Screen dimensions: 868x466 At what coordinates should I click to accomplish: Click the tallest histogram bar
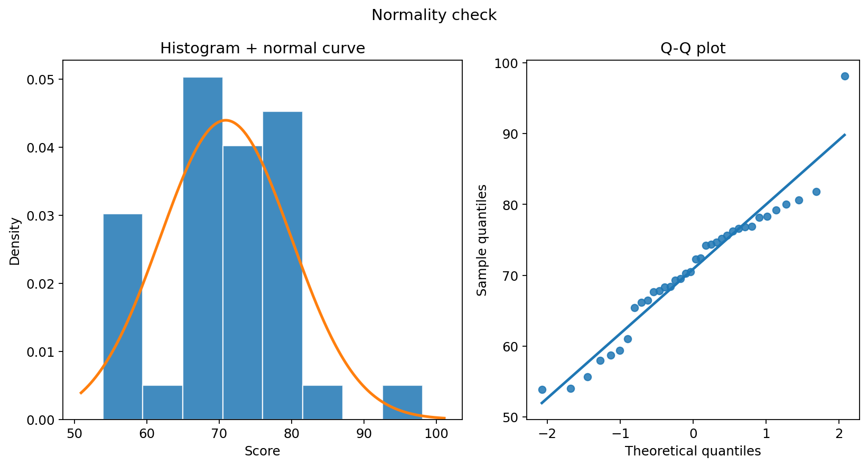pos(203,248)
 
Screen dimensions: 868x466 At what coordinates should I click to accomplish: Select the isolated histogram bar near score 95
pos(402,403)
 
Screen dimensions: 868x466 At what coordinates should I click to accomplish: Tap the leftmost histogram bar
pos(123,317)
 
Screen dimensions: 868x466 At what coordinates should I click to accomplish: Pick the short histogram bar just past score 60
pos(163,403)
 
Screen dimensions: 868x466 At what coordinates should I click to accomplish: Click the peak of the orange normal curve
pos(226,120)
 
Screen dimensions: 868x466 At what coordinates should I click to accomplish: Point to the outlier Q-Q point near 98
pos(845,76)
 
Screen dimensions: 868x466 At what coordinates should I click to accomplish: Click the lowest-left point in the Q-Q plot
pos(542,390)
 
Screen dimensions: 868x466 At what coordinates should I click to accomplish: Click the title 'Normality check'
pos(434,15)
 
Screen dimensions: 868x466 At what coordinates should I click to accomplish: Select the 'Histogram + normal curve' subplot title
pos(263,49)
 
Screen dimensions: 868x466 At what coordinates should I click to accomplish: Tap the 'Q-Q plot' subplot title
pos(693,49)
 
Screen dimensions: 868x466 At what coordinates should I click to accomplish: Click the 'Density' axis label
pos(15,242)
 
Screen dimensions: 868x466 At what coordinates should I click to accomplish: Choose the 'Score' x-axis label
pos(263,451)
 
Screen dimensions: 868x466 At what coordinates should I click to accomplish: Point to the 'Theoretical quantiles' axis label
pos(693,451)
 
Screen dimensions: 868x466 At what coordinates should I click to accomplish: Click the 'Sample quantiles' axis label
pos(481,240)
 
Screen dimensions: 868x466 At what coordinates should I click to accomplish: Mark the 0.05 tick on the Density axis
pos(41,80)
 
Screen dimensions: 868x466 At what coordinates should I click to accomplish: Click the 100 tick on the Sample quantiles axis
pos(507,63)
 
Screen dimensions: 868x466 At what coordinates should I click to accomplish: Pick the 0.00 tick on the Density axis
pos(41,420)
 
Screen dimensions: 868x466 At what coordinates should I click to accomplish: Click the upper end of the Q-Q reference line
pos(845,135)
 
